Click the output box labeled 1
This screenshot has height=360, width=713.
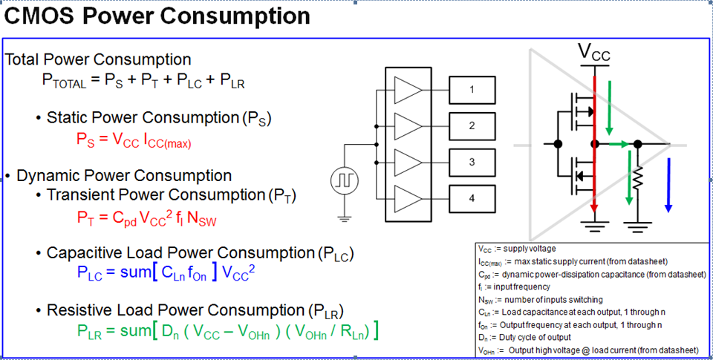tap(471, 91)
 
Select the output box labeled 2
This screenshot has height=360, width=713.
tap(471, 125)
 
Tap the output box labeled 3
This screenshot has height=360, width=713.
tap(471, 162)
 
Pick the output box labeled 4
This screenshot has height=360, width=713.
tap(471, 197)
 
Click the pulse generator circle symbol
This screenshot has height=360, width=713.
tap(344, 180)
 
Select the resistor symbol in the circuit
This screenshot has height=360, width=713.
tap(637, 178)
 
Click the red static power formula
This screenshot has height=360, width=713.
tap(134, 140)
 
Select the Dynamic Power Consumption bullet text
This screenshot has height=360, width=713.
tap(123, 176)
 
